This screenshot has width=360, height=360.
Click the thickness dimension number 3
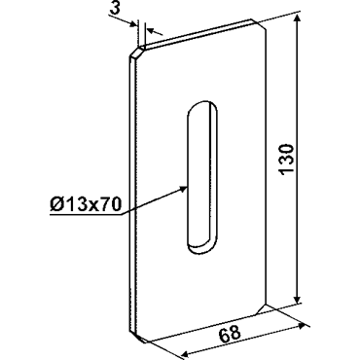point(115,8)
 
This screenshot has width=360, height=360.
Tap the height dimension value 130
point(287,160)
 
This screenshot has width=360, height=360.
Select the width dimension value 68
point(230,334)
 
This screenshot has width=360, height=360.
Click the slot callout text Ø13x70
point(86,204)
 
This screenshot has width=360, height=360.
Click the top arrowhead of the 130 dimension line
point(297,21)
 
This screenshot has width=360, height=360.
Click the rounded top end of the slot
point(202,105)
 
